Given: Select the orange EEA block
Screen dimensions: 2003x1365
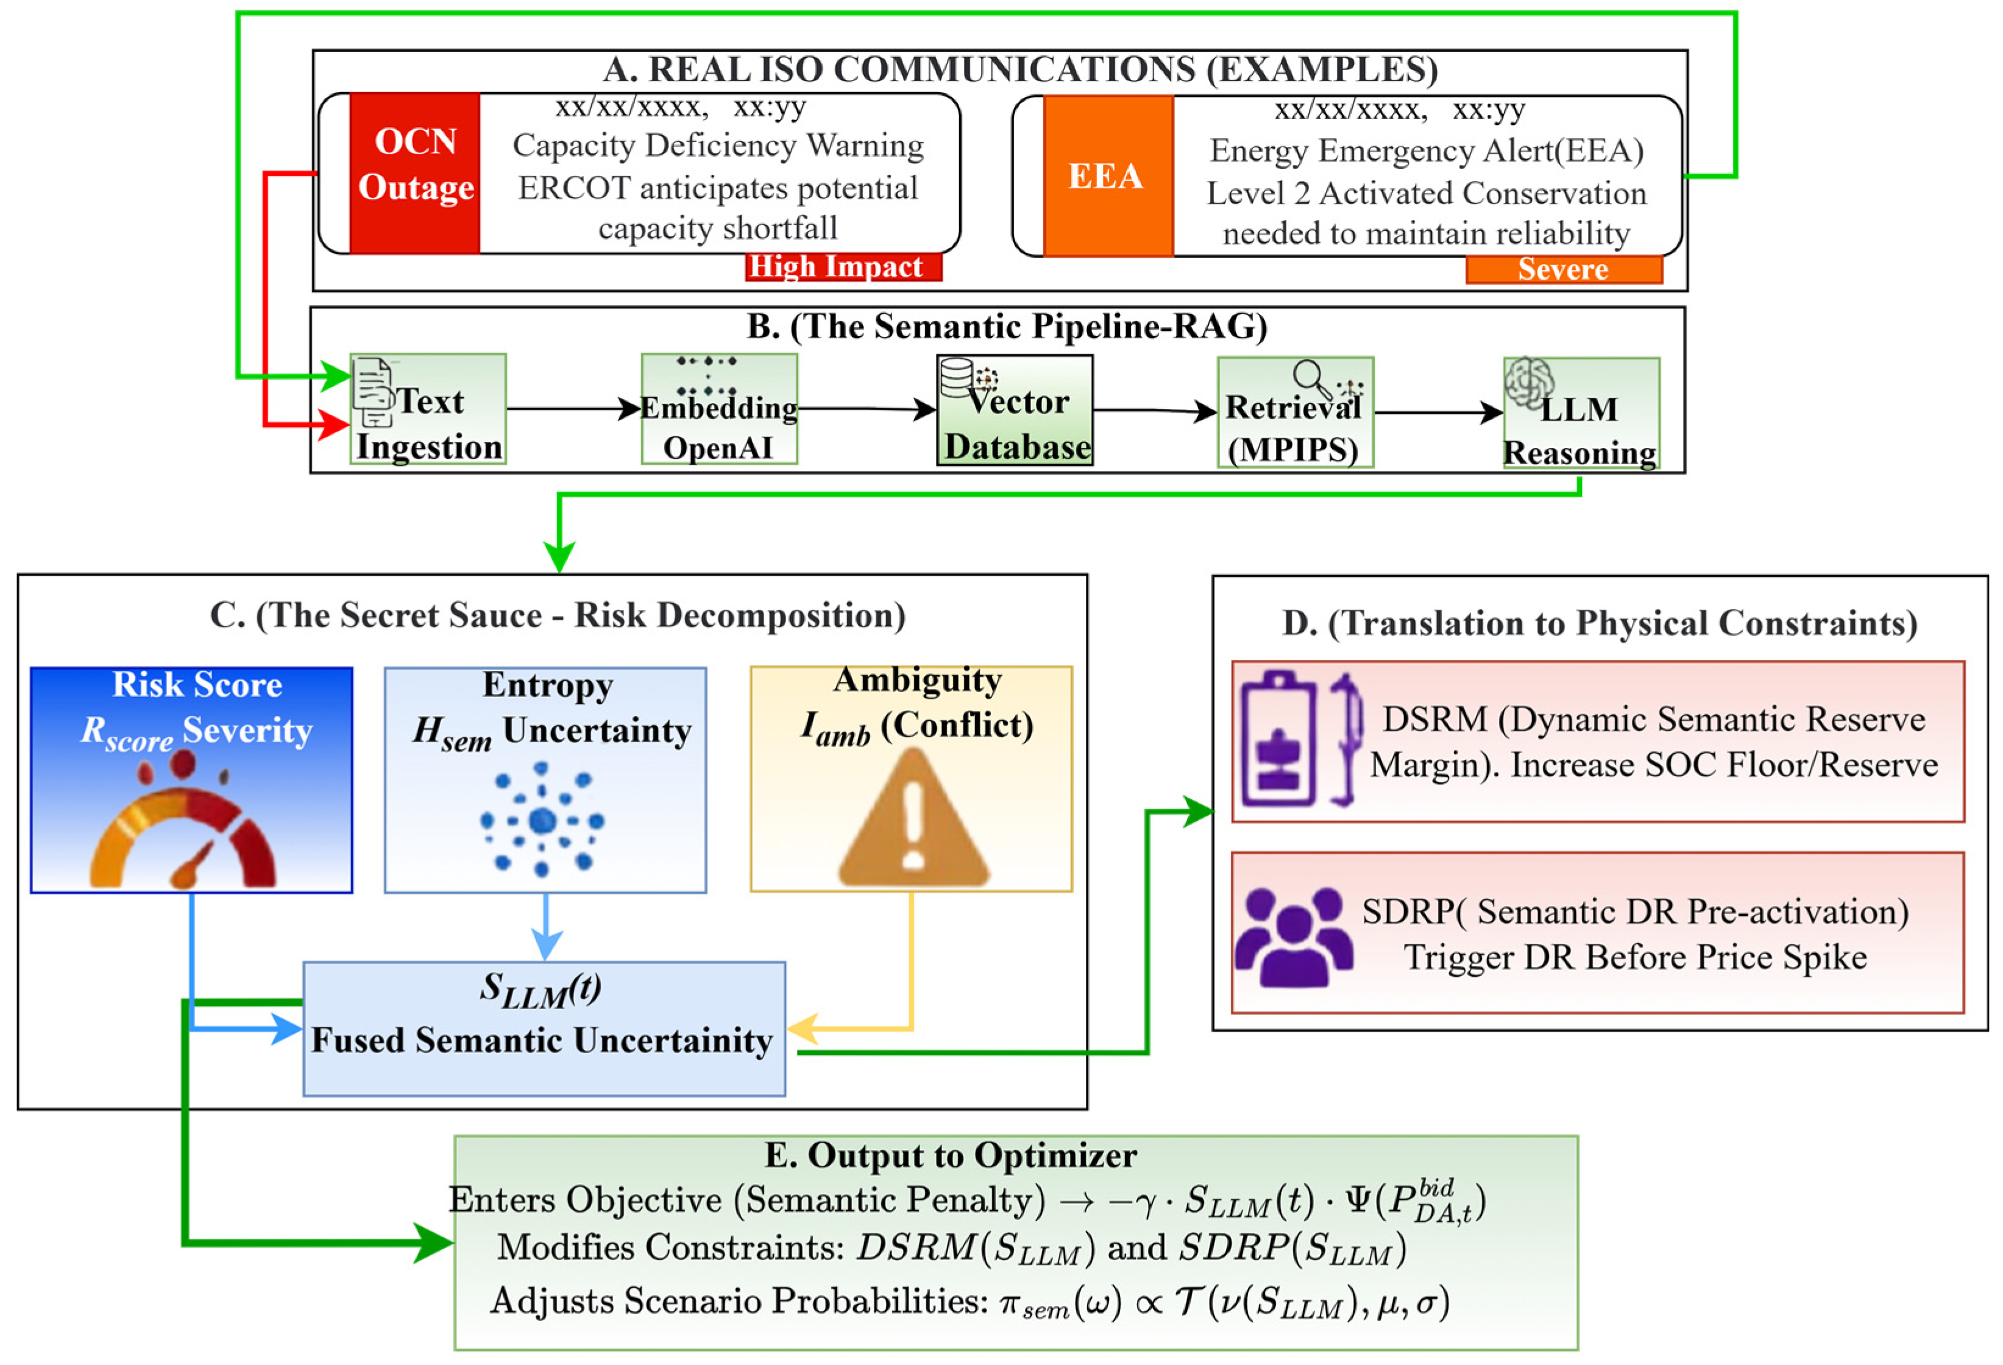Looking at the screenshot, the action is coord(1108,175).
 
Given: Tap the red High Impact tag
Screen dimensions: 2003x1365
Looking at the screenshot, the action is coord(843,266).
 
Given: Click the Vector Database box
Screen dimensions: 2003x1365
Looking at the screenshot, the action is coord(1015,410).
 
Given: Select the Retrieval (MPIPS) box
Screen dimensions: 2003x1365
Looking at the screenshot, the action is coord(1296,413).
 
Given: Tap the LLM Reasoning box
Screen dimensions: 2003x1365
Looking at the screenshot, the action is coord(1581,414).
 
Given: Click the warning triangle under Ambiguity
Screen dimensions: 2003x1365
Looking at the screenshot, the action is coord(913,817).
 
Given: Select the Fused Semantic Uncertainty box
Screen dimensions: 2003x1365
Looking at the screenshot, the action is coord(544,1029).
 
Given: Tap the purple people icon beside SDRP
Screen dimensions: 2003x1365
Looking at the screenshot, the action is coord(1294,938).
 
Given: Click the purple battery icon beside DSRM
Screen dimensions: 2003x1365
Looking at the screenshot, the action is coord(1280,739).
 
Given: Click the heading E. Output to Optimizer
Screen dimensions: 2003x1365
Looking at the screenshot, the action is coord(951,1155).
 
